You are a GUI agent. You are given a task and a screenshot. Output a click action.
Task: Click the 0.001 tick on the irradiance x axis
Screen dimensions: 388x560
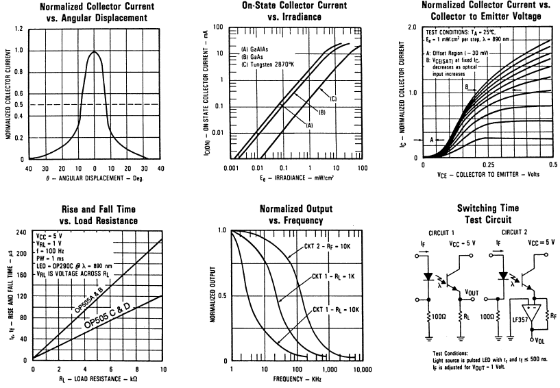[233, 167]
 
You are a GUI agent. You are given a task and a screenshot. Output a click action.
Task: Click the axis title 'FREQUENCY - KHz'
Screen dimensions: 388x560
[297, 379]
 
